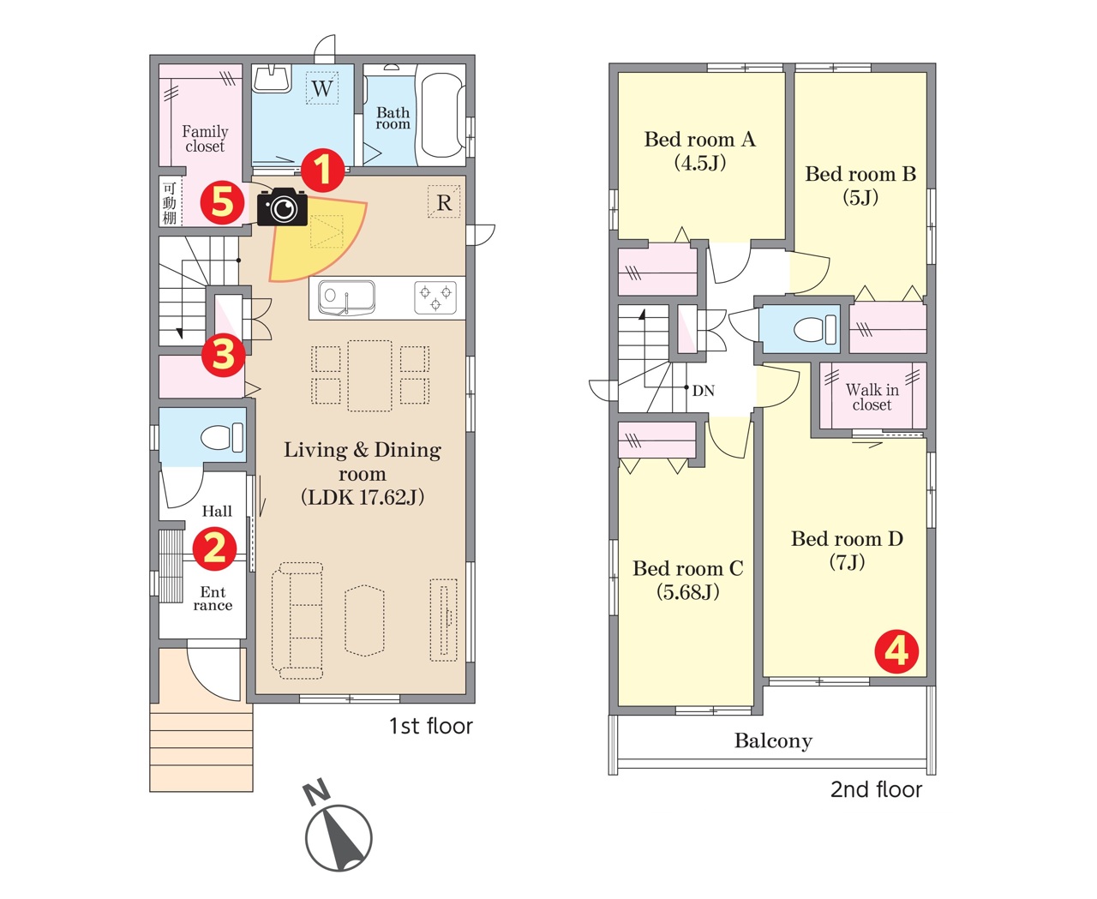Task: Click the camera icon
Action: click(x=282, y=207)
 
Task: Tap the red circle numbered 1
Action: click(x=322, y=171)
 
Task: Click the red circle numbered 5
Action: click(x=222, y=202)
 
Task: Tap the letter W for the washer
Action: click(x=322, y=88)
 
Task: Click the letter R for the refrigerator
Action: click(x=444, y=202)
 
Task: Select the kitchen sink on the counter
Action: click(x=346, y=298)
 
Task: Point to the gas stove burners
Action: click(x=435, y=297)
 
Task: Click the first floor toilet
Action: click(x=222, y=437)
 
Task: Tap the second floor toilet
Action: click(x=815, y=329)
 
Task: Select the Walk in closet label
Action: click(x=872, y=397)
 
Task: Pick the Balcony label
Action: click(x=773, y=740)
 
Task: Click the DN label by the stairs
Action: click(x=704, y=391)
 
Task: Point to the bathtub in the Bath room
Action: click(x=442, y=115)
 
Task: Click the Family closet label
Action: click(x=205, y=138)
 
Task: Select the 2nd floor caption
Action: click(x=876, y=789)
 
